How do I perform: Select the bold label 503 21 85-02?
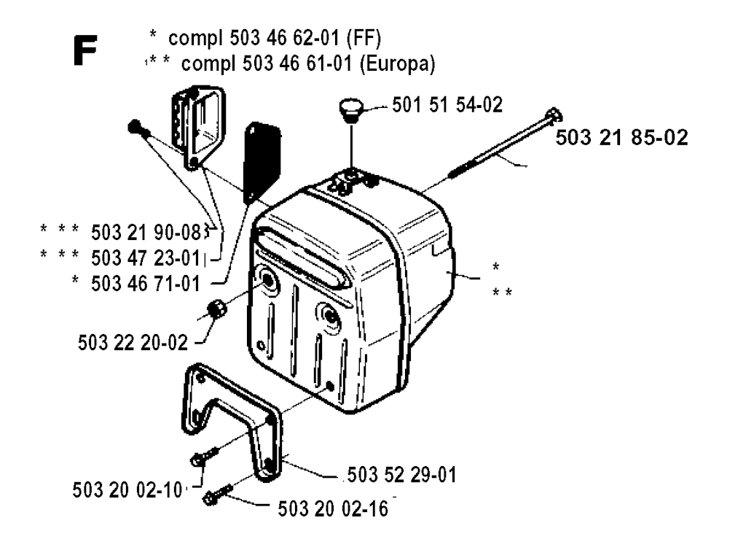point(621,139)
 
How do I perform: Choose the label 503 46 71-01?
point(150,282)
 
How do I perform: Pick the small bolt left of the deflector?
point(138,128)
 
